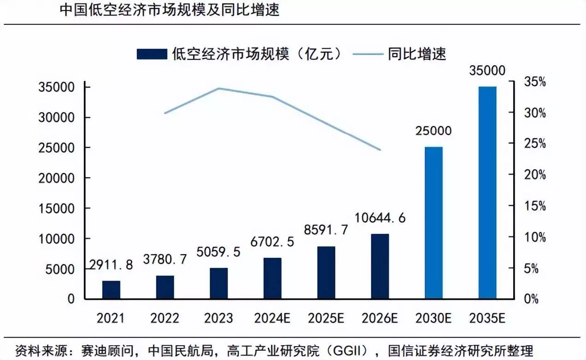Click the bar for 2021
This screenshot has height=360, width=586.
pos(111,290)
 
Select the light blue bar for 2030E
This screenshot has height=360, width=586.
pos(434,223)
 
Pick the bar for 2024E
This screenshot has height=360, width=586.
pos(272,279)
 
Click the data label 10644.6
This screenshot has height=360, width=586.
pos(380,218)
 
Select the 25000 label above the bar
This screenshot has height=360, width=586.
pos(434,131)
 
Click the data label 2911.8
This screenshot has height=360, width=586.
pos(111,265)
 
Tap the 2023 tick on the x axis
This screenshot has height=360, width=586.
pos(218,318)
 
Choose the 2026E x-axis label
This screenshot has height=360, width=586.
pos(380,318)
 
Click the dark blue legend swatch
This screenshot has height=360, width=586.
pos(152,54)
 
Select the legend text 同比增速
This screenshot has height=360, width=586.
pos(416,54)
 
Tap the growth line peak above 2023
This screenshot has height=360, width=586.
pos(218,88)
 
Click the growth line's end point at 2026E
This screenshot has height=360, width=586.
pos(381,150)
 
